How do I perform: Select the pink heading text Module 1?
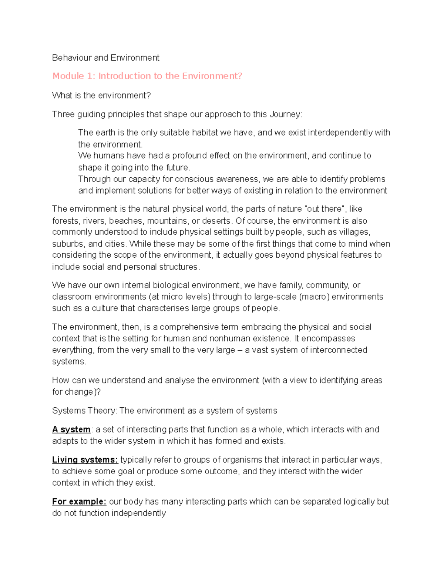pos(74,76)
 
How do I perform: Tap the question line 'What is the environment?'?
pos(101,96)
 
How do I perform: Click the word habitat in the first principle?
pos(205,133)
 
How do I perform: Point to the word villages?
pos(354,232)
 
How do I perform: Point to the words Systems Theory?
pos(84,411)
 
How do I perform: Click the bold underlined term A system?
pos(71,429)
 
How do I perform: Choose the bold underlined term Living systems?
pos(85,460)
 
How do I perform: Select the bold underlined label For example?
pos(79,502)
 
